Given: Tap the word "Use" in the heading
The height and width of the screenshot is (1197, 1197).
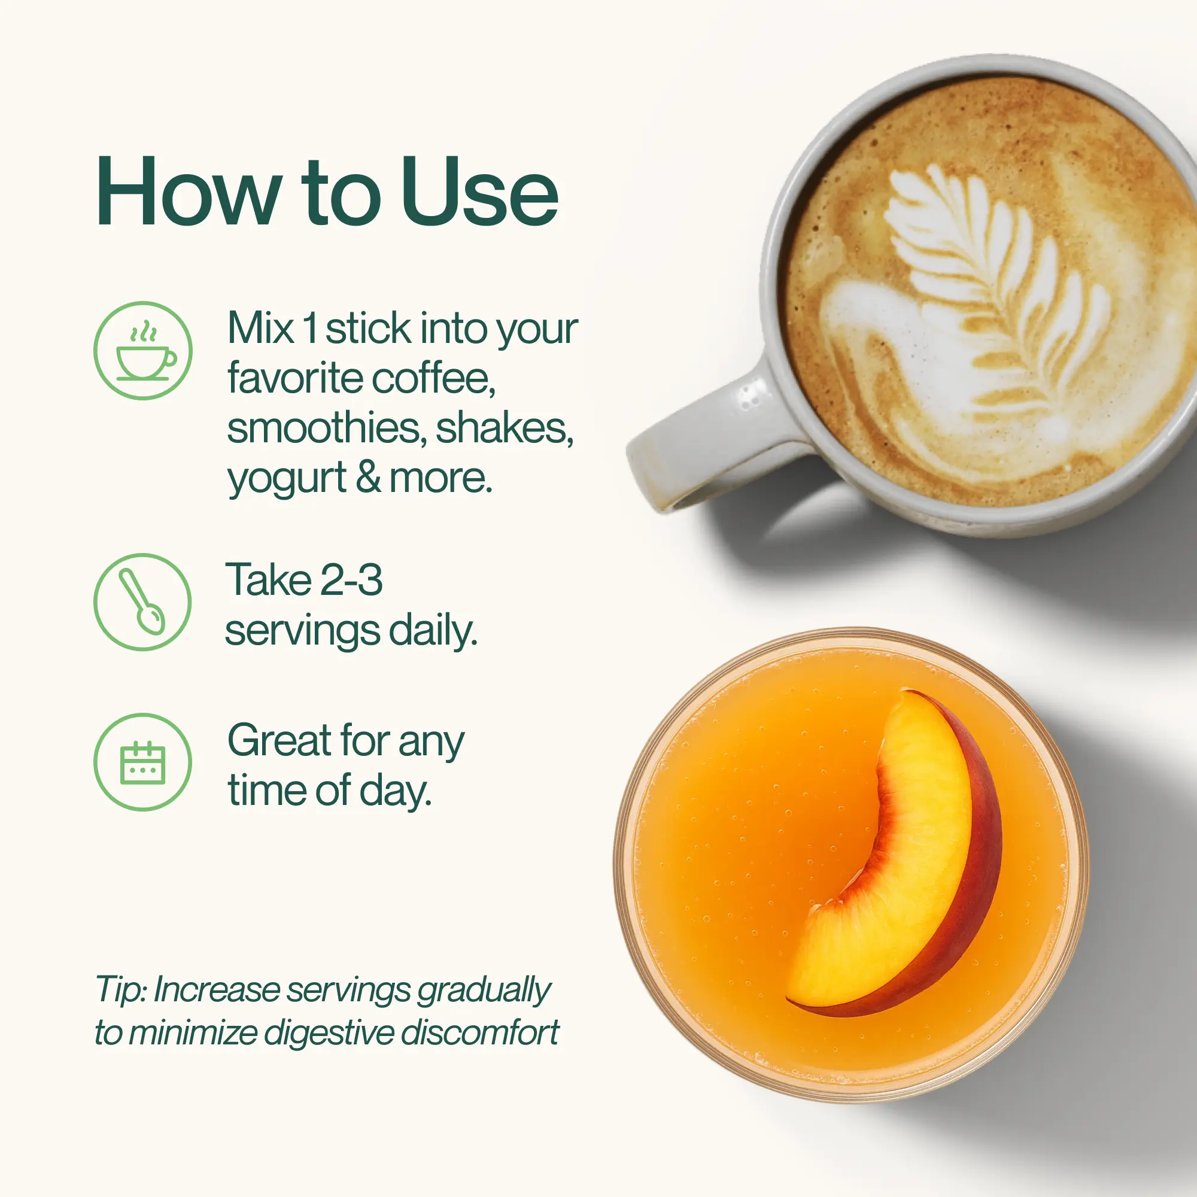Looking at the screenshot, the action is [x=480, y=192].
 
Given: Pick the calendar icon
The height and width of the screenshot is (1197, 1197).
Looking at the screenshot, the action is [x=142, y=762].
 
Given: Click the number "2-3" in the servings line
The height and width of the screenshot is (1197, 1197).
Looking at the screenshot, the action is [x=352, y=580].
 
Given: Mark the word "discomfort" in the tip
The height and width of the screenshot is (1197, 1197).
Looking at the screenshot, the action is [x=479, y=1033].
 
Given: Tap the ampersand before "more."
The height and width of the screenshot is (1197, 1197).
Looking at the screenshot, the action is [x=368, y=478].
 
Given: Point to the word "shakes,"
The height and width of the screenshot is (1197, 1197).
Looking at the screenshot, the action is [x=505, y=429].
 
